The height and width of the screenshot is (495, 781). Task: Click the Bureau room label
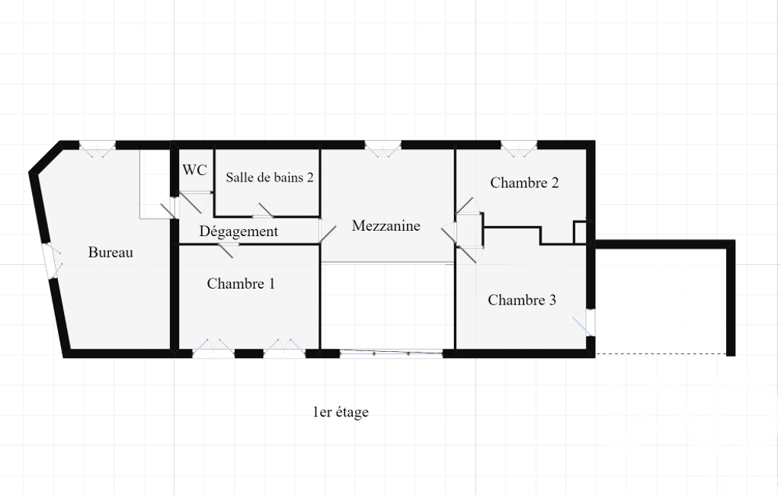[x=110, y=253]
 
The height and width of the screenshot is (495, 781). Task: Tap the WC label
[x=194, y=171]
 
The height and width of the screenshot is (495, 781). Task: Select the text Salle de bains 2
[x=270, y=177]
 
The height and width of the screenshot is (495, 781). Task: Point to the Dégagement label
[x=238, y=232]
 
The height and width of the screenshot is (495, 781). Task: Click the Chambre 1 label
[x=241, y=284]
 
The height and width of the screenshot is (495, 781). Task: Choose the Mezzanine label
[x=386, y=226]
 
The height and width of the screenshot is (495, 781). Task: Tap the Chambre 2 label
[x=524, y=183]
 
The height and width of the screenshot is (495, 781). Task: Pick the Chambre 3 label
[x=522, y=300]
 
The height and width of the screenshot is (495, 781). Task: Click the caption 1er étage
[x=341, y=413]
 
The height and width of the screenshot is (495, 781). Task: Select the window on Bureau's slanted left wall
[x=52, y=261]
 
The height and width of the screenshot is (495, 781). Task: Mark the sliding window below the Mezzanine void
[x=392, y=353]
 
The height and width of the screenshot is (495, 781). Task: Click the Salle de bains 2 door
[x=262, y=211]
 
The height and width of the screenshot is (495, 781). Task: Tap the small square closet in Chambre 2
[x=581, y=232]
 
